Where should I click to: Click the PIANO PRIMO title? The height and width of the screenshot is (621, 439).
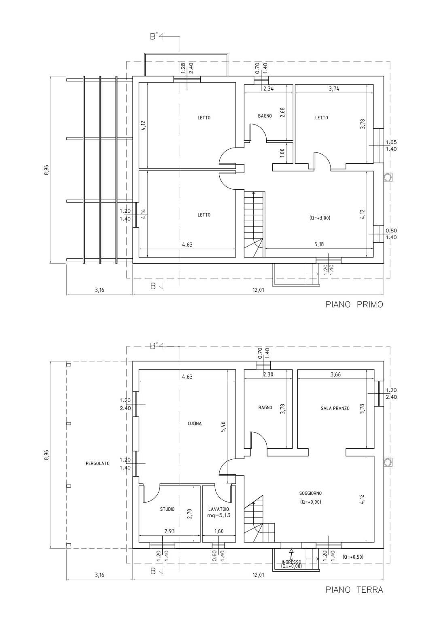click(354, 305)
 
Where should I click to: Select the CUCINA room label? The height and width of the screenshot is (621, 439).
click(195, 423)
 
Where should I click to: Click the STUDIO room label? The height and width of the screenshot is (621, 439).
click(168, 509)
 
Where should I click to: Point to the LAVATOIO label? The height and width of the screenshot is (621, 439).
click(218, 509)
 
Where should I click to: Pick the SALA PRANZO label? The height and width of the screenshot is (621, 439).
click(335, 408)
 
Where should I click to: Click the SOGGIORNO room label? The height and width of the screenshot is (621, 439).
click(310, 493)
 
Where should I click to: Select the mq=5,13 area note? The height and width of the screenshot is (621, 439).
click(219, 515)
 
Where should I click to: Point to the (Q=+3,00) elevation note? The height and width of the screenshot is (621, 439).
click(320, 218)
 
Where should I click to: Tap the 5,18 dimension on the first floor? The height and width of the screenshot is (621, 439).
click(319, 245)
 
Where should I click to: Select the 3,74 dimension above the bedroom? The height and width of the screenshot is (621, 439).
click(334, 89)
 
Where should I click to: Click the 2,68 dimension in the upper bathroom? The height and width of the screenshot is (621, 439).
click(283, 113)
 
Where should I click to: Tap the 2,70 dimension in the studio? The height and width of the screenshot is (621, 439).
click(189, 514)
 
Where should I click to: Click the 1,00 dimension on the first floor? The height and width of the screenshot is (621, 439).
click(282, 153)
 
